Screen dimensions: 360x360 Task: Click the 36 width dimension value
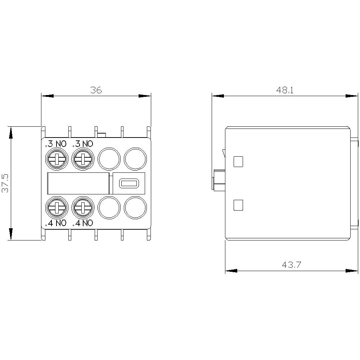coord(96,90)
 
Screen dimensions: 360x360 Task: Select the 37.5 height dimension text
coord(6,183)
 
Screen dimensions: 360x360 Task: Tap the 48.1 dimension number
coord(285,90)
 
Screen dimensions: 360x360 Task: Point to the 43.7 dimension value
coord(291,265)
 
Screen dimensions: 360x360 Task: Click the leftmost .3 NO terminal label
coord(56,144)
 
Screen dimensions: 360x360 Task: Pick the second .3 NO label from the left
coord(83,144)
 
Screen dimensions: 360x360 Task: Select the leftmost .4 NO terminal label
coord(56,223)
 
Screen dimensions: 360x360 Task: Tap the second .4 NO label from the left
coord(83,223)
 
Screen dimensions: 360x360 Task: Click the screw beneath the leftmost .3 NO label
coord(57,159)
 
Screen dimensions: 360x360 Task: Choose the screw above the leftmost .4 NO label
coord(57,207)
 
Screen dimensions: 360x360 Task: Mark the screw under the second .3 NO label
coord(83,159)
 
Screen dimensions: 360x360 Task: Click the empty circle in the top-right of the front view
coord(136,158)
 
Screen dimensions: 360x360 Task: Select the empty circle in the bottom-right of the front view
coord(136,207)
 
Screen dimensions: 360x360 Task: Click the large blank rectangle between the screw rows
coord(78,183)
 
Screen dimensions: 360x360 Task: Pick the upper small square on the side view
coord(238,162)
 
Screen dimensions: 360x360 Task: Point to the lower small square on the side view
coord(238,205)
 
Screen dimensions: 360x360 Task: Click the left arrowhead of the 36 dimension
coord(48,96)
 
